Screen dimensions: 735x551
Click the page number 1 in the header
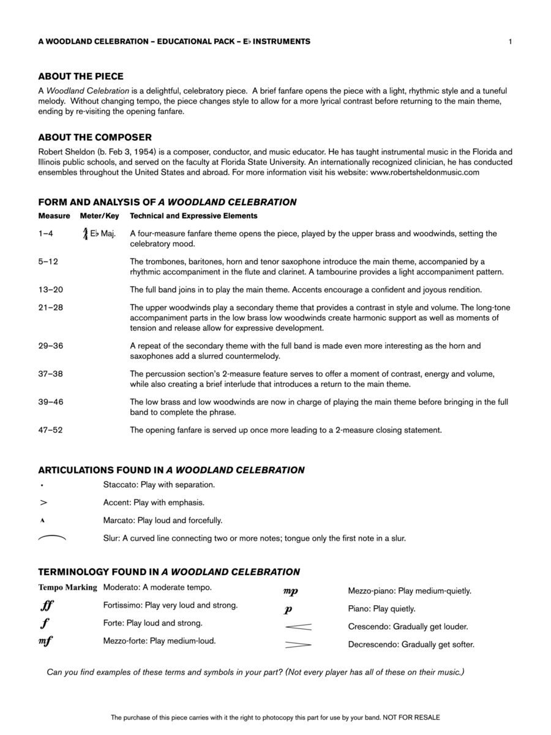coord(509,42)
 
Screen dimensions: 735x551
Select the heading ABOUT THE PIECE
coord(81,77)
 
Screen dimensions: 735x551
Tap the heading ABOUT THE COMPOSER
coord(95,137)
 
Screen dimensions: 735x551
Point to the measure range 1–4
coord(46,233)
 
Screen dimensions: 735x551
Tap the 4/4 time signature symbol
coord(84,233)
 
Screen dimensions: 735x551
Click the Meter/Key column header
coord(99,216)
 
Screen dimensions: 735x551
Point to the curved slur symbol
coord(52,538)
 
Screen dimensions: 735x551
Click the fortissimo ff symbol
coord(47,606)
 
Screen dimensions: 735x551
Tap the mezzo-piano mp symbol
coord(290,592)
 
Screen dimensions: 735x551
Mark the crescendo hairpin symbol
coord(298,627)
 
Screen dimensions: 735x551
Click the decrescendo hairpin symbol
coord(298,644)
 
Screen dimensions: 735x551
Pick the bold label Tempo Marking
coord(67,587)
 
